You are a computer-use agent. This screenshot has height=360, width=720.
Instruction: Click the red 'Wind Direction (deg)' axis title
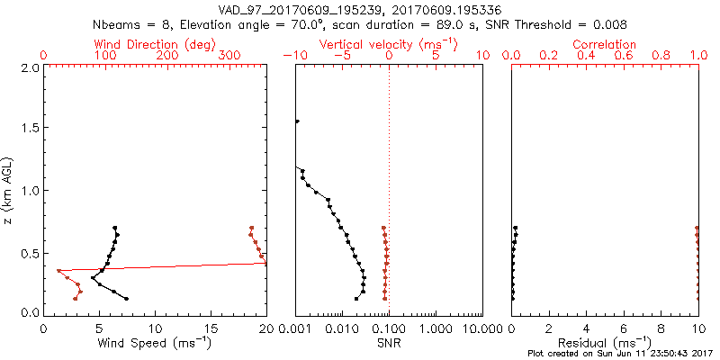coord(155,44)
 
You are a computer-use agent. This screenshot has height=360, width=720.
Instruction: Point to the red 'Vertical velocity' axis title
coord(388,44)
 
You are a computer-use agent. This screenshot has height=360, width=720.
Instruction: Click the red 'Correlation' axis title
coord(605,44)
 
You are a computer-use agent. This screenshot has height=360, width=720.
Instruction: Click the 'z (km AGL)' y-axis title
coord(10,190)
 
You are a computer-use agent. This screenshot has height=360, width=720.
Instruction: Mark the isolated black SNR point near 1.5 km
coord(297,121)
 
